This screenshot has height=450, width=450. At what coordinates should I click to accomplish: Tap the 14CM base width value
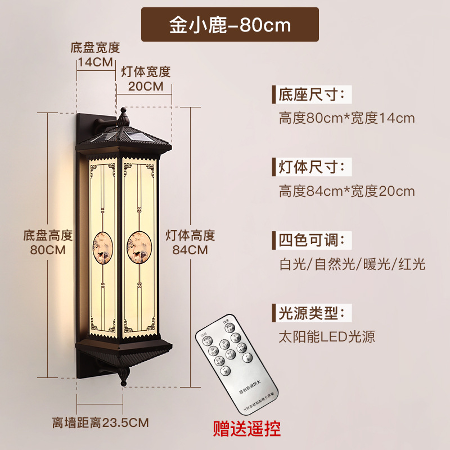click(x=95, y=62)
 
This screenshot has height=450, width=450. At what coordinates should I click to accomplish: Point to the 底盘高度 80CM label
click(x=48, y=242)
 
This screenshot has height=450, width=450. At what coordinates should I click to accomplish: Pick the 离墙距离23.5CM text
click(x=101, y=422)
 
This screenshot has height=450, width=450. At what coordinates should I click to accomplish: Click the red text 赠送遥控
click(x=246, y=429)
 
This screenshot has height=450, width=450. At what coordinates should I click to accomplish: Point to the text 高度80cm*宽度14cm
click(x=346, y=118)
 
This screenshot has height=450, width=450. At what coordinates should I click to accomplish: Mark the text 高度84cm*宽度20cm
click(x=346, y=191)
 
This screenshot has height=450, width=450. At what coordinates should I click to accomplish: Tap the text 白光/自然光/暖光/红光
click(x=352, y=264)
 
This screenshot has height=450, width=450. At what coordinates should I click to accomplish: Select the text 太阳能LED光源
click(x=327, y=337)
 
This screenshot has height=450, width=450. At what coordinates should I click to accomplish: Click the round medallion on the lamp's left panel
click(x=102, y=246)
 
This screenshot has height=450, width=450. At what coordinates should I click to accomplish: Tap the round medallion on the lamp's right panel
click(x=138, y=246)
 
